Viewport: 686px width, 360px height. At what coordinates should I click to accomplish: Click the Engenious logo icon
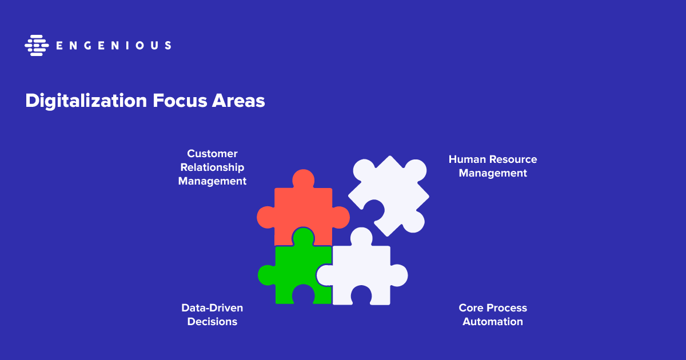[x=37, y=45]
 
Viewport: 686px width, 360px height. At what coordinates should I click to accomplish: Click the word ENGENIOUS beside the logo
[x=114, y=46]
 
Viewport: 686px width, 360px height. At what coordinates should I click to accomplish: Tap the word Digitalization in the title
[x=86, y=101]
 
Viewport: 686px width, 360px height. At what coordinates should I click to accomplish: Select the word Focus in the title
[x=180, y=101]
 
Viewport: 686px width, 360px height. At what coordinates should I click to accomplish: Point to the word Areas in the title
[x=238, y=101]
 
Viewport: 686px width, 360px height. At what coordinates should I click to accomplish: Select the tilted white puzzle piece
[x=389, y=196]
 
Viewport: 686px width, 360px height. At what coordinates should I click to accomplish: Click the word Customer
[x=212, y=153]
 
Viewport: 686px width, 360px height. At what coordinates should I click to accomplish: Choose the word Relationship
[x=212, y=167]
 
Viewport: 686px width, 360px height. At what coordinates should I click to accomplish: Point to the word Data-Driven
[x=212, y=307]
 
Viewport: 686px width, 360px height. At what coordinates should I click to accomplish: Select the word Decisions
[x=212, y=321]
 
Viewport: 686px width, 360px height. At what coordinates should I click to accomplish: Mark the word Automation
[x=493, y=321]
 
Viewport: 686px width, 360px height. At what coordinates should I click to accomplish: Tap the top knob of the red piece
[x=303, y=179]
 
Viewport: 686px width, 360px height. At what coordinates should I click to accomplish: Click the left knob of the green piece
[x=267, y=275]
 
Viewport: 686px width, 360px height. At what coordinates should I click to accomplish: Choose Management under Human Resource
[x=493, y=173]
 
